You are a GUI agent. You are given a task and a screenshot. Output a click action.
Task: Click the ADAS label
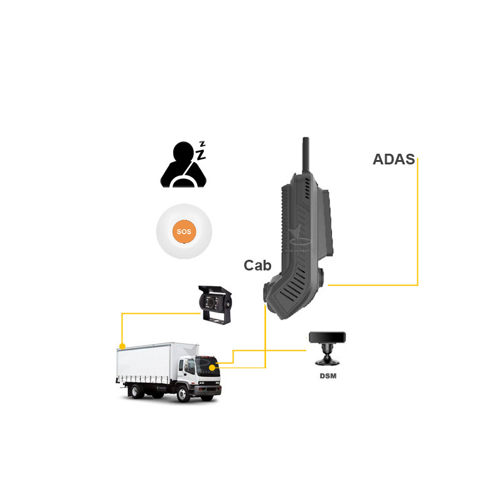point(393,159)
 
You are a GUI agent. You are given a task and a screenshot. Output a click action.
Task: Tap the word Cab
point(257,265)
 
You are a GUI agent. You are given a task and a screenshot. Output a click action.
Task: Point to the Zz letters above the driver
point(201,151)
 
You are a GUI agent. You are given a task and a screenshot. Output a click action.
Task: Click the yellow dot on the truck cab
point(212,367)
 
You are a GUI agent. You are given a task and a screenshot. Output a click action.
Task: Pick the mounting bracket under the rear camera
point(215,319)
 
